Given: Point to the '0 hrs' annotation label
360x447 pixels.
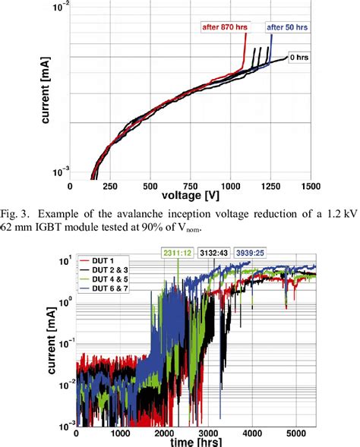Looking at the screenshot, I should click(299, 58).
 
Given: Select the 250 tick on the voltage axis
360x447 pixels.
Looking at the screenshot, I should click(110, 185).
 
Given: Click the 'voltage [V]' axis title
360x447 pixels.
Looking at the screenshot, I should click(191, 195).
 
